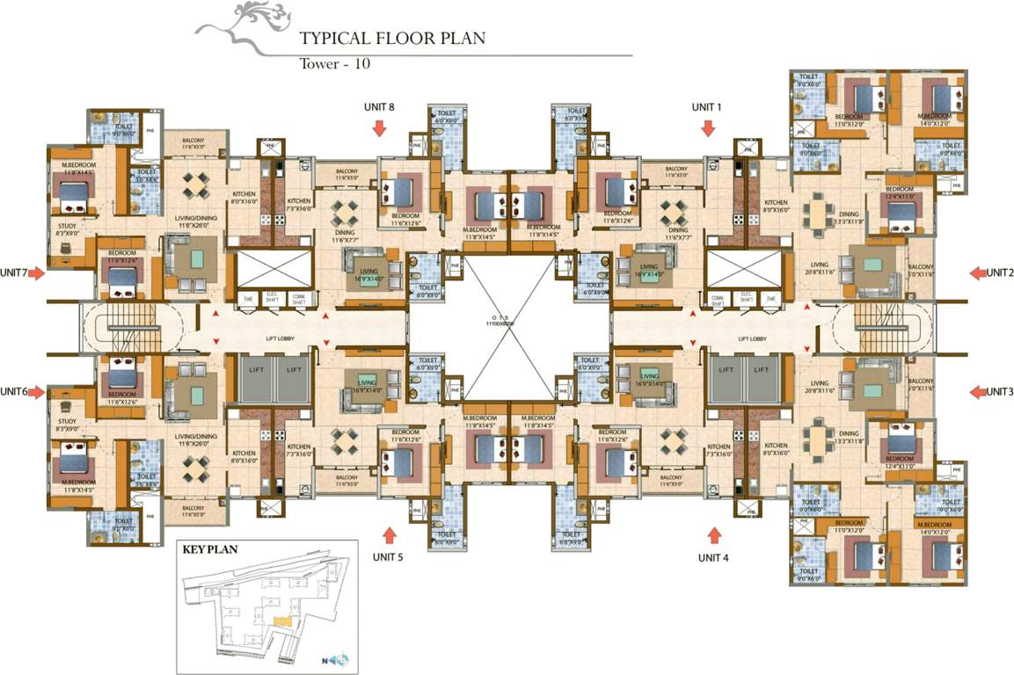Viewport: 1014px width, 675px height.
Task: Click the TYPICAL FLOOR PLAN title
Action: pos(392,40)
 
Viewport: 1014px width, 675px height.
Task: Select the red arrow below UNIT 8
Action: pos(379,128)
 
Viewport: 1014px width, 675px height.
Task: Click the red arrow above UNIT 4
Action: pos(714,533)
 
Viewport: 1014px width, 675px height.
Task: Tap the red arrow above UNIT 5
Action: pos(388,534)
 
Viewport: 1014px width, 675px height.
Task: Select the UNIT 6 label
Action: pos(14,392)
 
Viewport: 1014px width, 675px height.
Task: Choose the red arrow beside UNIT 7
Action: pos(36,273)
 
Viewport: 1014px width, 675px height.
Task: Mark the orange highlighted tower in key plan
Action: pos(281,621)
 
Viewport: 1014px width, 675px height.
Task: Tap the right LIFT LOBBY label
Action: pos(752,337)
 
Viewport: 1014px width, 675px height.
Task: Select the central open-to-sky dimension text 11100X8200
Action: pos(509,324)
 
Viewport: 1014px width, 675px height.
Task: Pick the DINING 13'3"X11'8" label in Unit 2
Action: pos(849,216)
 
